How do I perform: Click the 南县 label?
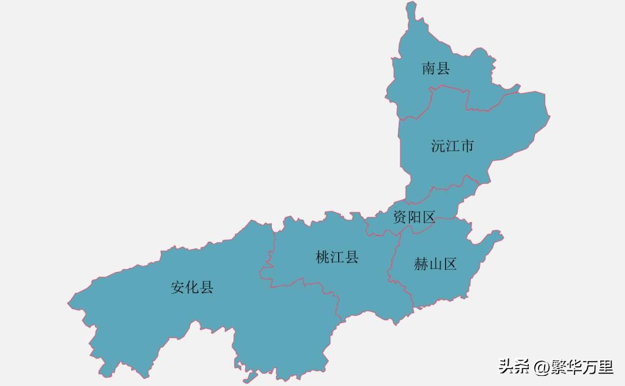(x=436, y=69)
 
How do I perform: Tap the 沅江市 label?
(x=452, y=146)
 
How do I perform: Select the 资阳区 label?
(x=414, y=217)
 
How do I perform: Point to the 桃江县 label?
(x=337, y=257)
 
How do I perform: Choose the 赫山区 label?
(x=435, y=264)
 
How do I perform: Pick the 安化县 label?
(x=192, y=288)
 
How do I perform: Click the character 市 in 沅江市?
(x=467, y=146)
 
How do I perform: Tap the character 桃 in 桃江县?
(x=322, y=257)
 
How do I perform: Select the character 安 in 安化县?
(x=178, y=288)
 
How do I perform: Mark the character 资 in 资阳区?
(x=400, y=217)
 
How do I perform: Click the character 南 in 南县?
(x=429, y=69)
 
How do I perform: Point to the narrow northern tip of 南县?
(x=411, y=7)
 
